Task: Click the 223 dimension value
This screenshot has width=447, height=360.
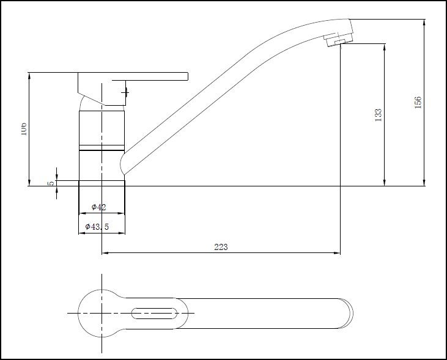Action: [221, 247]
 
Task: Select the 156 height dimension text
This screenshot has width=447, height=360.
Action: [418, 102]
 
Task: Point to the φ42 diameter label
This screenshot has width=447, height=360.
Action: [99, 207]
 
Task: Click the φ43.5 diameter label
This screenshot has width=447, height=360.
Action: [97, 227]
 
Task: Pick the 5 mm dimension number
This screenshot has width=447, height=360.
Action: [51, 182]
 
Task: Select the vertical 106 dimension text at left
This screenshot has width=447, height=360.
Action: [23, 129]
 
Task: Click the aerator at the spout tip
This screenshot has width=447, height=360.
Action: [335, 40]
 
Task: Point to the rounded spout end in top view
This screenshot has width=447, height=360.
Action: [346, 313]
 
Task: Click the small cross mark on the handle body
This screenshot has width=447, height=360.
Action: [125, 92]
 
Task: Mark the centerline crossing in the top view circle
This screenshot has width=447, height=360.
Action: [101, 313]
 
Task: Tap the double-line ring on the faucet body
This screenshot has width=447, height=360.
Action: [102, 149]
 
